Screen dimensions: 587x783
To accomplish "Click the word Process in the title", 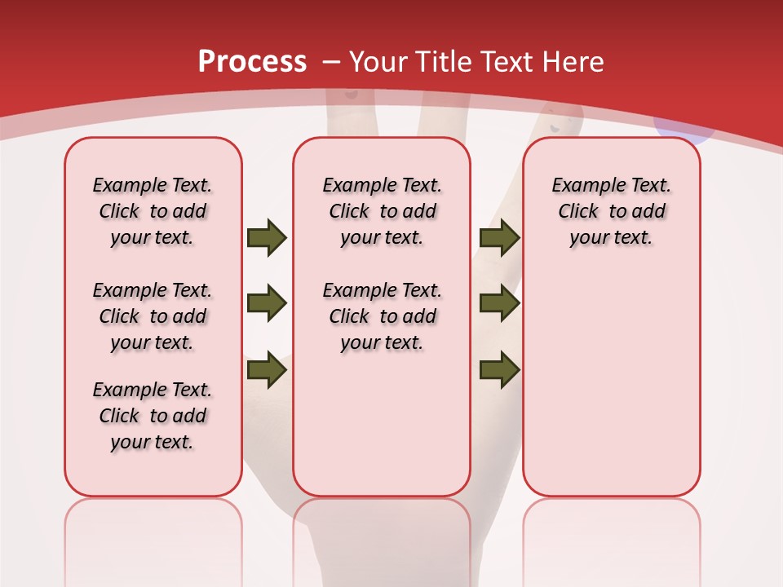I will tap(252, 61).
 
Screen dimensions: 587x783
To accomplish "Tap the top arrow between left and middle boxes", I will tap(267, 238).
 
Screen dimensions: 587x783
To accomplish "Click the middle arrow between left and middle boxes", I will tap(267, 303).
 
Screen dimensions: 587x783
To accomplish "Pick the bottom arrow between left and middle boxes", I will tap(267, 370).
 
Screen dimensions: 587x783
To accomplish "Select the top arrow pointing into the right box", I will tap(499, 238).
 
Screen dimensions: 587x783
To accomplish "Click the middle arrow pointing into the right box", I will tap(499, 303).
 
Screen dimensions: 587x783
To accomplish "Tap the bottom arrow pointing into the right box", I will tap(499, 370).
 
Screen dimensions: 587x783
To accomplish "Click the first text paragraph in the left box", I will tap(153, 211).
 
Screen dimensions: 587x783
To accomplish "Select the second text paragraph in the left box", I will tap(153, 316).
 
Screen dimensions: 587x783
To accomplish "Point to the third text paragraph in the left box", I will tap(153, 416).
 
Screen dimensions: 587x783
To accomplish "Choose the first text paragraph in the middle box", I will tap(382, 211).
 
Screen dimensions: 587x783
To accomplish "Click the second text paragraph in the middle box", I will tap(382, 316).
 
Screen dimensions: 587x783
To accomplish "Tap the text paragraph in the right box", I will tap(611, 211).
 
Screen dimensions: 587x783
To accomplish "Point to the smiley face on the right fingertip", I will tap(557, 122).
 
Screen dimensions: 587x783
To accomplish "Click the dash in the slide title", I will tap(332, 62).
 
